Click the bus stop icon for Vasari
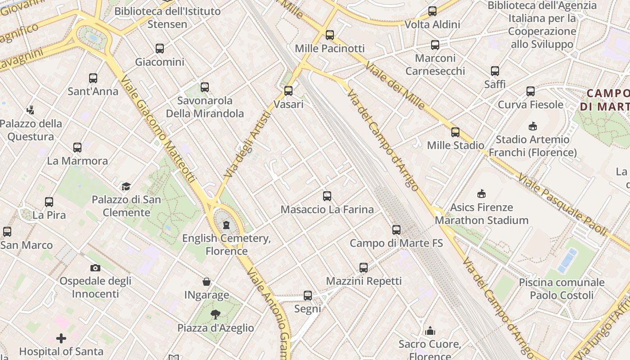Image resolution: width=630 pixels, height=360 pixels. [x=288, y=91]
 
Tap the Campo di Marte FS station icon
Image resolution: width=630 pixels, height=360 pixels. [x=396, y=230]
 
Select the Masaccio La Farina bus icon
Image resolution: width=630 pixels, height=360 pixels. [x=327, y=196]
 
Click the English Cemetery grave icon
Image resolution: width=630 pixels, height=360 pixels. [x=226, y=224]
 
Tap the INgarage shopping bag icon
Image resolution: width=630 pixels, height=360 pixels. [x=207, y=282]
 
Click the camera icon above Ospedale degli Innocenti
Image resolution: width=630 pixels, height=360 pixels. [x=95, y=268]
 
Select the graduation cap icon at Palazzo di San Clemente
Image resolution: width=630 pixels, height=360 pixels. [x=126, y=186]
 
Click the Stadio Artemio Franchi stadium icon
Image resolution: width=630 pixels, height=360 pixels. [x=533, y=126]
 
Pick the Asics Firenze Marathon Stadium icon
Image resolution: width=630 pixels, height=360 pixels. [x=481, y=194]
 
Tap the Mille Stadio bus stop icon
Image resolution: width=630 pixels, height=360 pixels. [x=455, y=132]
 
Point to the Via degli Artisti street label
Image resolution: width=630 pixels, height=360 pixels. [x=248, y=144]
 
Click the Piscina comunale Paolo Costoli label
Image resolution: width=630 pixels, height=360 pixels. [x=562, y=289]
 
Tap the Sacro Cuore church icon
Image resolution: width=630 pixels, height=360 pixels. [x=430, y=331]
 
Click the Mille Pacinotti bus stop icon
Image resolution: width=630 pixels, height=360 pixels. [x=330, y=35]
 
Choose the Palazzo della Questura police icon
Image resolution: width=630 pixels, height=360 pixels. [x=31, y=110]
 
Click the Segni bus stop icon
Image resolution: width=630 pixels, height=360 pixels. [x=308, y=296]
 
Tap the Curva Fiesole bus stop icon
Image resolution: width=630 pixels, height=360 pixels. [x=531, y=91]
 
